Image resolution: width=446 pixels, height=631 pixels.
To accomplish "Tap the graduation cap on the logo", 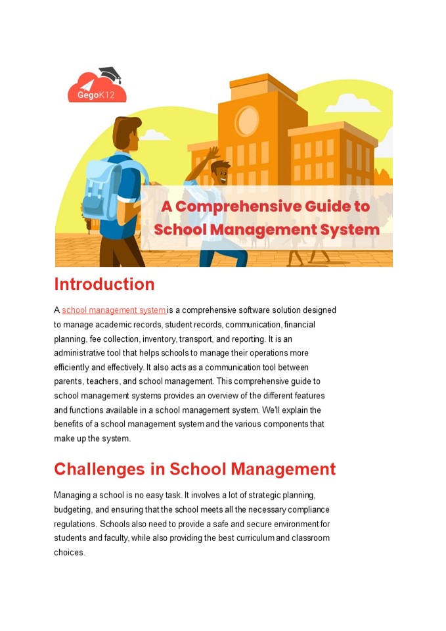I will pos(110,74).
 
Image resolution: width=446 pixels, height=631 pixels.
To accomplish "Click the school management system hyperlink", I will pos(114,310).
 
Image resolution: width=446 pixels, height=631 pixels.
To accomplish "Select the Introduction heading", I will pos(104,285).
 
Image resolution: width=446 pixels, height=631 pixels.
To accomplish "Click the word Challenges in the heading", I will pos(109,469).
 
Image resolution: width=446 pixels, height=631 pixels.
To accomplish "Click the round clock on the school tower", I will pos(248,120).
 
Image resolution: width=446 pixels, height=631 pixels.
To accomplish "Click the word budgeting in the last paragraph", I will pos(74,509).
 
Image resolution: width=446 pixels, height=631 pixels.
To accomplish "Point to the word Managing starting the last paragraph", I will pos(74,495).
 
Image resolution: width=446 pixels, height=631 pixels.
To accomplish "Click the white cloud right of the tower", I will pos(351,103).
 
